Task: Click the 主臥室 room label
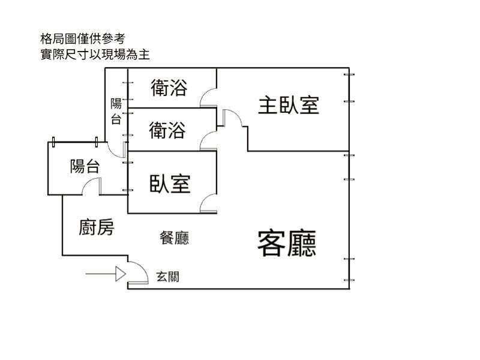(x=288, y=105)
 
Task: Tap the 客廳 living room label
(x=287, y=242)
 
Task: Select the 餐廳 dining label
(x=175, y=238)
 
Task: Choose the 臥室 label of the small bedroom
(x=170, y=183)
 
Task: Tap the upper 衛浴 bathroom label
(x=169, y=89)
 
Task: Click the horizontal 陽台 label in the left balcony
(x=85, y=166)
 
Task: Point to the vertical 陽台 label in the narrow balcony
(x=116, y=111)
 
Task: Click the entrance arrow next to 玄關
(x=106, y=274)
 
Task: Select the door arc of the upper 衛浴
(x=208, y=97)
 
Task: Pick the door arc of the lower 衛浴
(x=208, y=141)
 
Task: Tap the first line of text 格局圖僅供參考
(x=82, y=40)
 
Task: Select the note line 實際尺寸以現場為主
(x=93, y=55)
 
